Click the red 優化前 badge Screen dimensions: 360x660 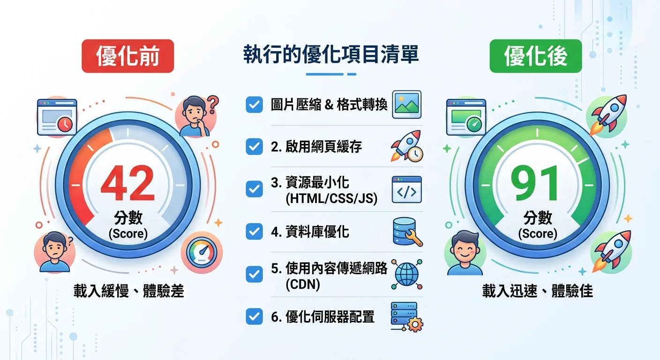click(x=127, y=56)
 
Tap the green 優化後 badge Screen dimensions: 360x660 click(x=535, y=56)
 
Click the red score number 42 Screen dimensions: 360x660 click(x=127, y=184)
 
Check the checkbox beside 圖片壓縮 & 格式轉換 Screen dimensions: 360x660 click(x=254, y=105)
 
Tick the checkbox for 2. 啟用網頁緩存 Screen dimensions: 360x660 click(x=254, y=147)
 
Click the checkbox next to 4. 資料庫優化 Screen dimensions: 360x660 click(x=254, y=231)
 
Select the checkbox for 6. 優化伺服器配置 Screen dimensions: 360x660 click(x=254, y=316)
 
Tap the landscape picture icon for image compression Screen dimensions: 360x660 click(x=406, y=104)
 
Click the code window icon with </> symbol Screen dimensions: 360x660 click(x=406, y=189)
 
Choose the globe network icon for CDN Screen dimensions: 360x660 click(x=406, y=274)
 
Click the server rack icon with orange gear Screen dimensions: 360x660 click(x=406, y=317)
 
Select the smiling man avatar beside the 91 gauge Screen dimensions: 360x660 click(x=465, y=253)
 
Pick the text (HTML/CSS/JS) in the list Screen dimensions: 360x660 click(x=331, y=199)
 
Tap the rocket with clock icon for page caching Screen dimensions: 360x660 click(x=406, y=146)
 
